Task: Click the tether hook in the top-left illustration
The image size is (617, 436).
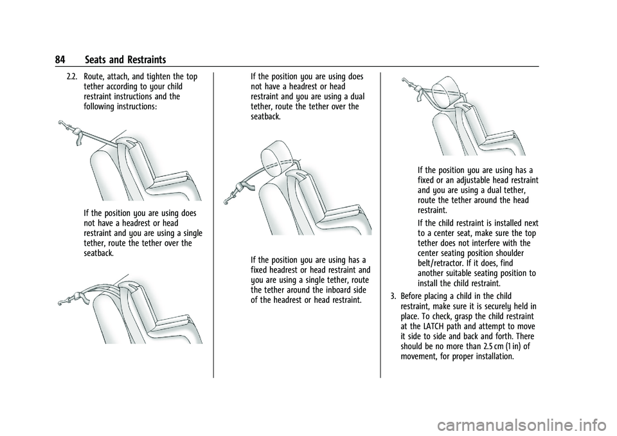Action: (x=63, y=124)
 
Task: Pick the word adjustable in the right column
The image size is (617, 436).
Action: (x=469, y=181)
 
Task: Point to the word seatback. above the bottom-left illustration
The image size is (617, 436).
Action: (x=99, y=253)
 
